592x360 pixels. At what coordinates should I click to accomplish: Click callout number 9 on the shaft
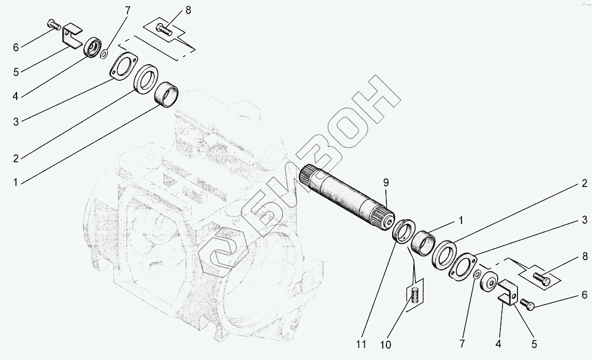click(385, 182)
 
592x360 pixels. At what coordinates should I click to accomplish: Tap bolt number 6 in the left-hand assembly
click(53, 24)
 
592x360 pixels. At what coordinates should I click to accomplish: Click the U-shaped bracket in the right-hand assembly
click(508, 293)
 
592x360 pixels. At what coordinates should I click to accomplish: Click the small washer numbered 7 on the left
click(104, 53)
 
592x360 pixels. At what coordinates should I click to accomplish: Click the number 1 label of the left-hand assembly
click(16, 182)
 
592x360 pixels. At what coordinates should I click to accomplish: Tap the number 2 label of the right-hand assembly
click(584, 183)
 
